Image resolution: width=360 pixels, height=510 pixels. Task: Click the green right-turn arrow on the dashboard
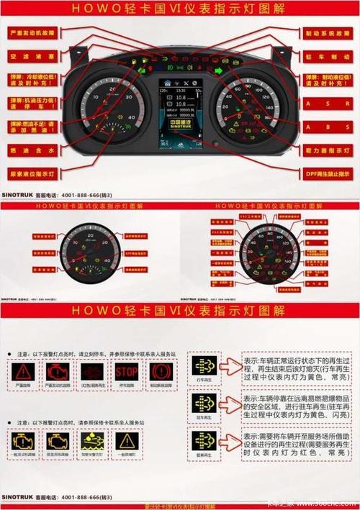click(218, 70)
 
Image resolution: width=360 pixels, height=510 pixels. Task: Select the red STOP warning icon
click(125, 372)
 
